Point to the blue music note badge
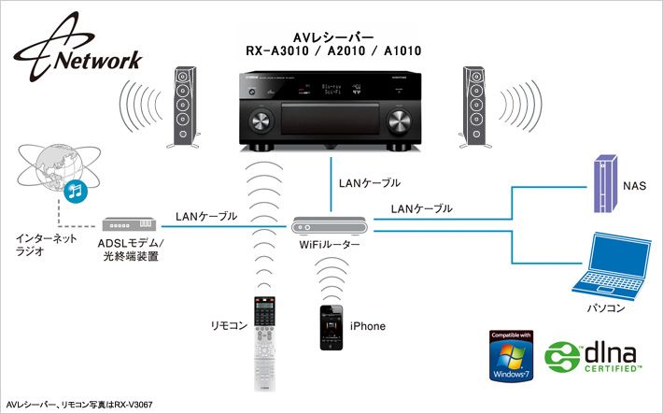pyautogui.click(x=75, y=192)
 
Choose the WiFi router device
pyautogui.click(x=331, y=225)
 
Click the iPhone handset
pyautogui.click(x=331, y=326)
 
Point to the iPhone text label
pyautogui.click(x=367, y=326)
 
